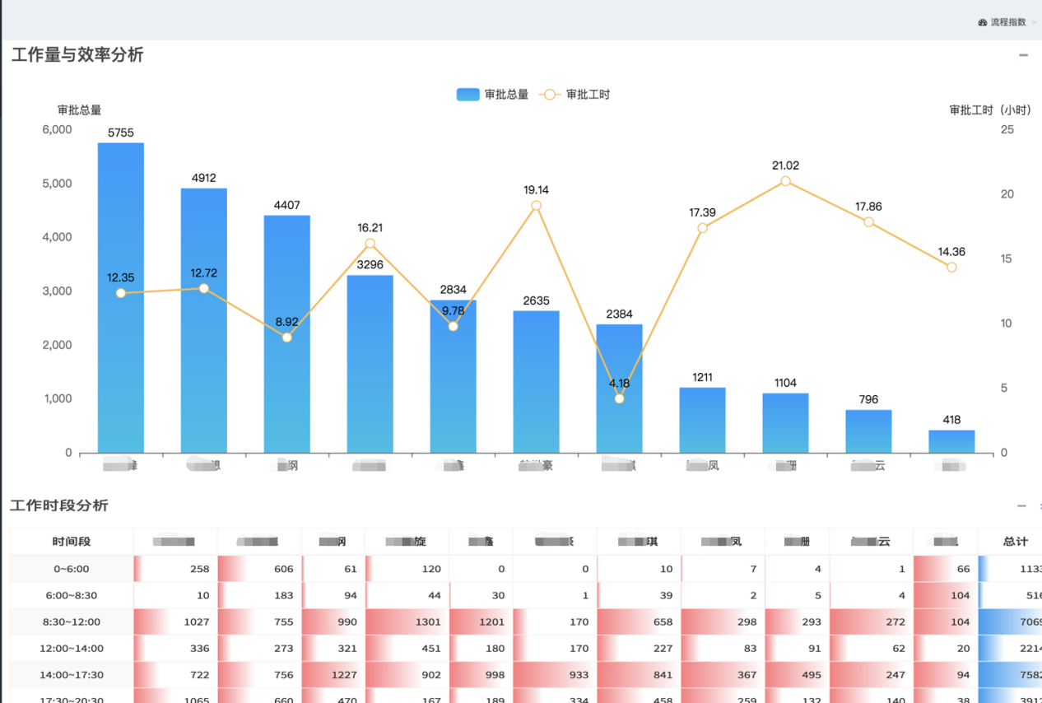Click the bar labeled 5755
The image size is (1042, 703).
click(121, 296)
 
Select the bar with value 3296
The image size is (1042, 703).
click(370, 362)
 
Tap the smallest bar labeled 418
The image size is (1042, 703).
click(951, 441)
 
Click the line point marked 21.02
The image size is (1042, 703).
click(785, 181)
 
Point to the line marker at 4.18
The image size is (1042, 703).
click(619, 398)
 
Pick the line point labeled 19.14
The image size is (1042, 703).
click(536, 206)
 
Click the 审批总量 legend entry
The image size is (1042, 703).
click(492, 95)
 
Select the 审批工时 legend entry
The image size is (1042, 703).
click(574, 95)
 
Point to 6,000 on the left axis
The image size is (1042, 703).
click(57, 130)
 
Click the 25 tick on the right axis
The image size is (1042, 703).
click(1007, 130)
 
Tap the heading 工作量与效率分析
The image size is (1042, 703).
click(77, 55)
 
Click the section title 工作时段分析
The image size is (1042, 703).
click(59, 505)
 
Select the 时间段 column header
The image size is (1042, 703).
click(72, 542)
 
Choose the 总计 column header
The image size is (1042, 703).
click(1016, 542)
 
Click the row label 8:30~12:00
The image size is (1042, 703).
click(72, 622)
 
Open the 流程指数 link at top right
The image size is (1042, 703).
click(1007, 22)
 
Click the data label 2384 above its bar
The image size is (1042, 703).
click(619, 314)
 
